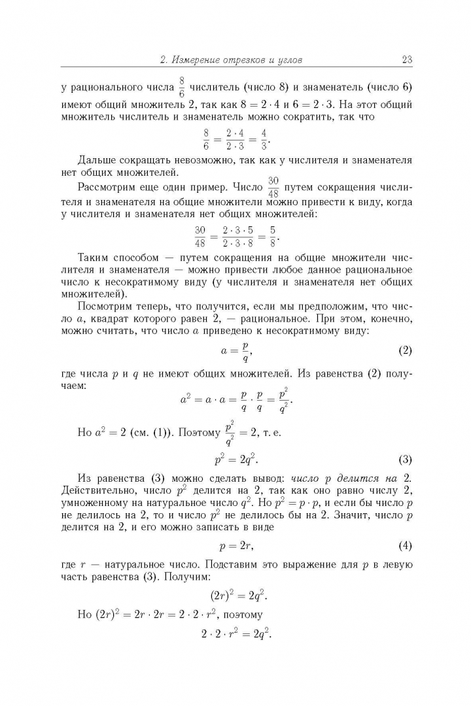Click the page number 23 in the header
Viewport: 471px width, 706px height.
pyautogui.click(x=406, y=60)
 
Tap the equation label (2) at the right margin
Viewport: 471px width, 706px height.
pyautogui.click(x=405, y=350)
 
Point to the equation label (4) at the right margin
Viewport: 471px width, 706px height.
pyautogui.click(x=405, y=545)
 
